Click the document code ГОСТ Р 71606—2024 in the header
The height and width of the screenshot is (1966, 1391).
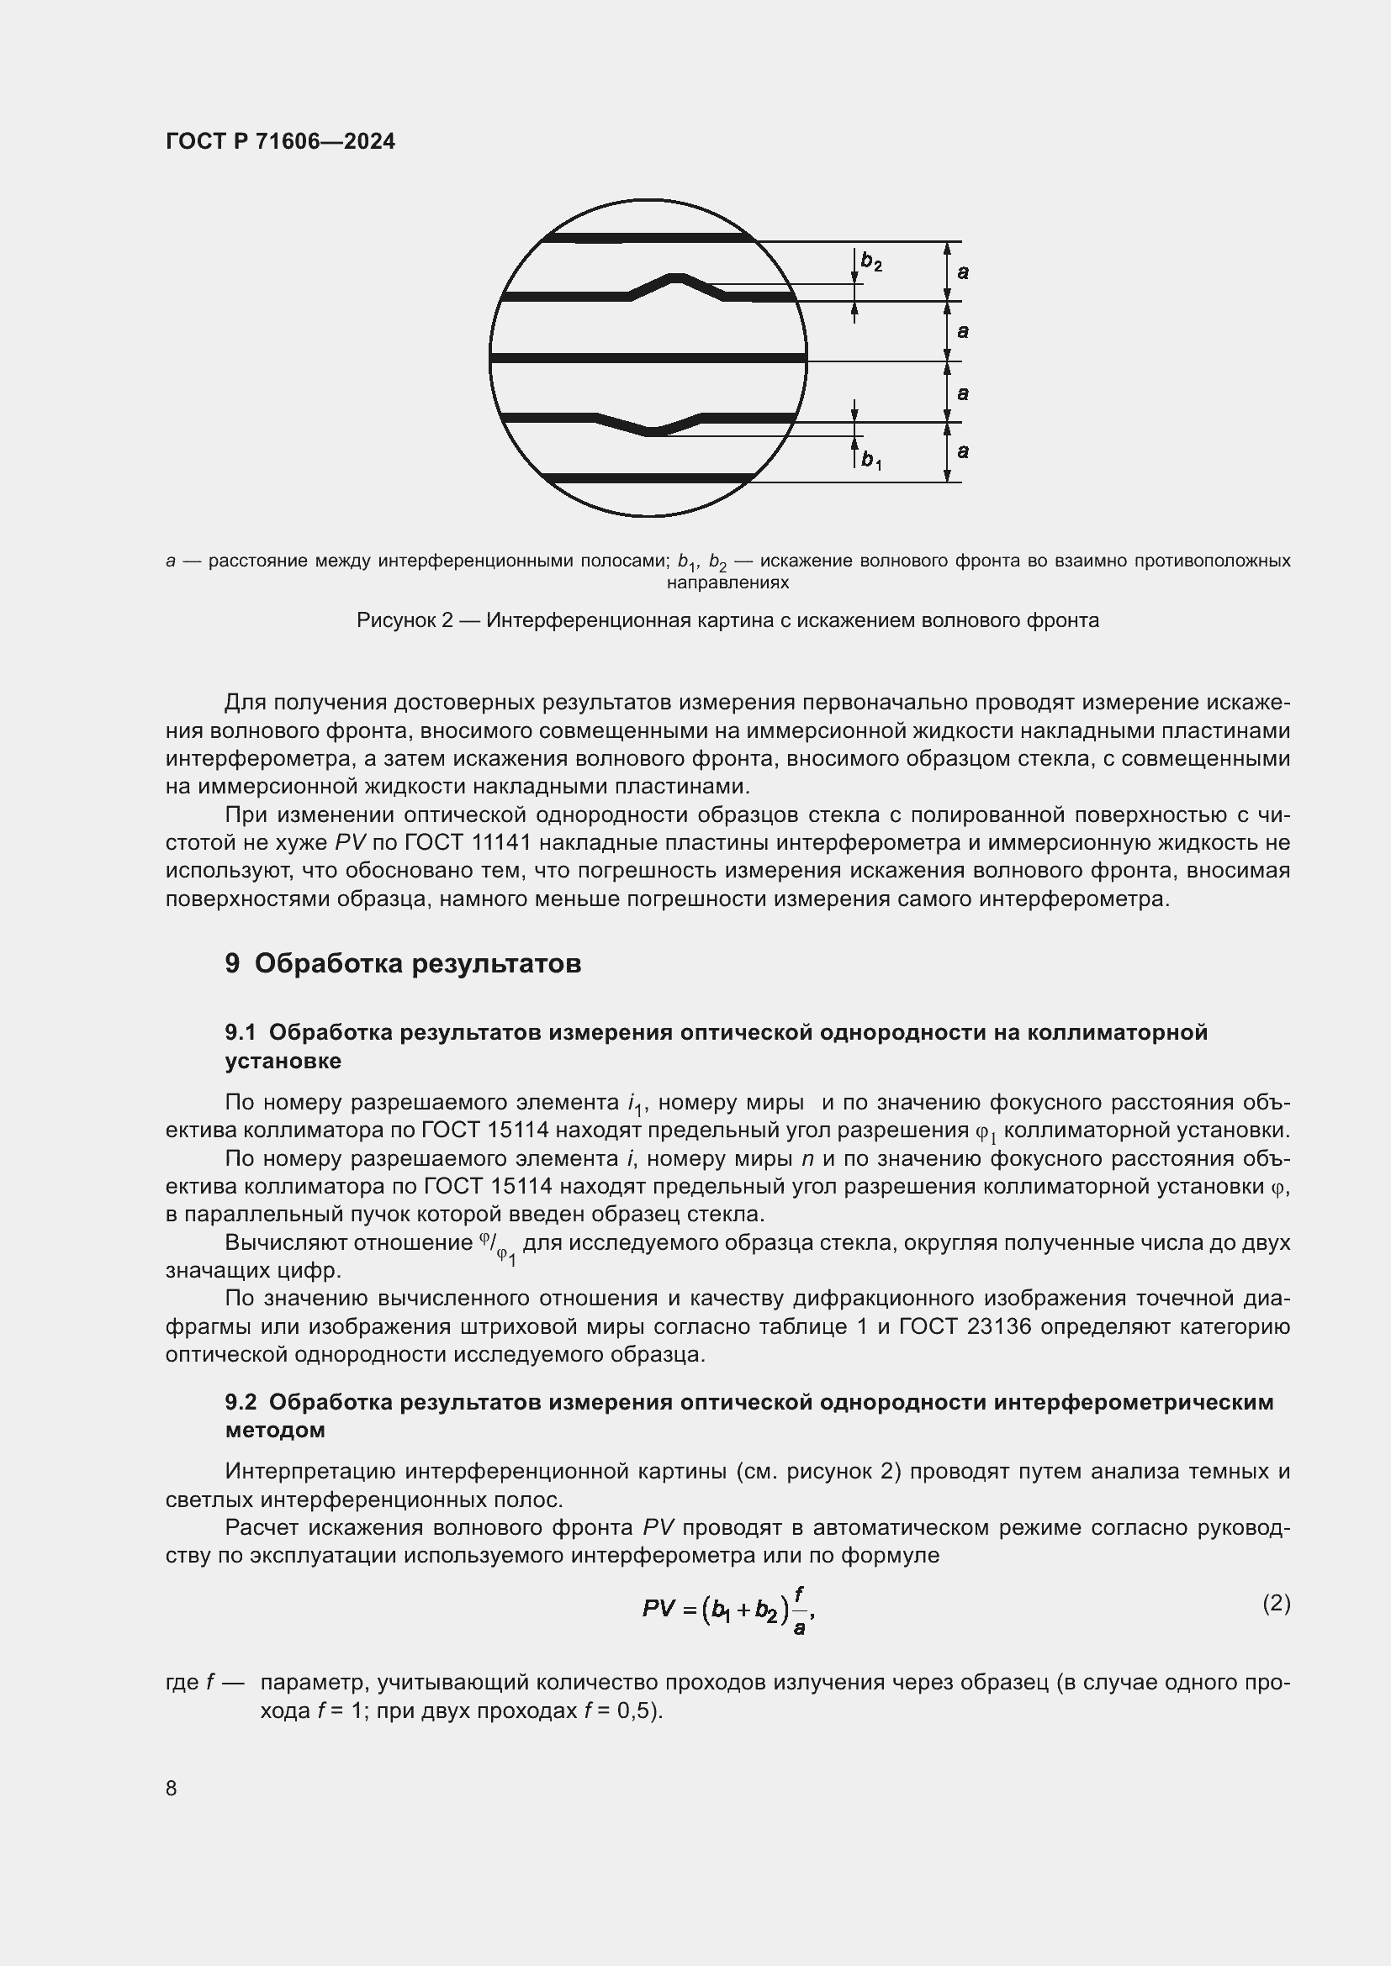280,141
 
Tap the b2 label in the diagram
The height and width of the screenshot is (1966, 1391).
871,262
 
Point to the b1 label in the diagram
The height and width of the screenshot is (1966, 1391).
871,461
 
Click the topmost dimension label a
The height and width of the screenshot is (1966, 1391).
963,272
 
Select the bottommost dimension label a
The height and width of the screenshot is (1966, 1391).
963,451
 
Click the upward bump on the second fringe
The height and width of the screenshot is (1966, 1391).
677,278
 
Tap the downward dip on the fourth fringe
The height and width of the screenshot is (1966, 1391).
653,430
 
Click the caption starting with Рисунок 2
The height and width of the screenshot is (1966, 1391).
727,620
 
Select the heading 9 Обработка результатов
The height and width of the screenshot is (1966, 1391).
404,963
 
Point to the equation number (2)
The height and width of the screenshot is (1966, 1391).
1276,1603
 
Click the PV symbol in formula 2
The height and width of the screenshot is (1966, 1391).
658,1609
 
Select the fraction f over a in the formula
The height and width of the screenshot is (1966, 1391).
798,1610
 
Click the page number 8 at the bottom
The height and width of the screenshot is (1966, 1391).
172,1788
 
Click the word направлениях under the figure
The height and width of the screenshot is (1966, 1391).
727,583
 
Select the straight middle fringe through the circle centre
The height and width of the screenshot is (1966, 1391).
648,357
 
